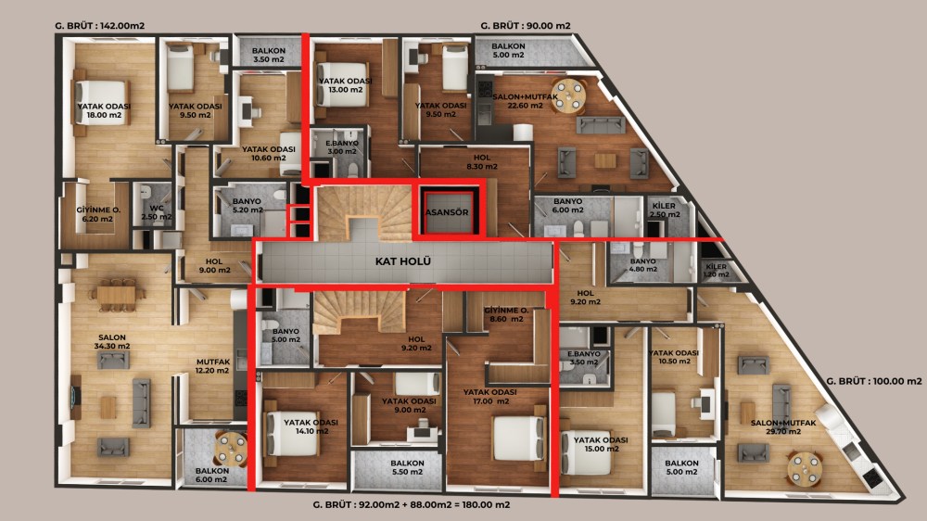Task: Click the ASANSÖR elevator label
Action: [x=447, y=212]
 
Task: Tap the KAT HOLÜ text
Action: [x=403, y=261]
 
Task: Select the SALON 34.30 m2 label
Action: [x=112, y=342]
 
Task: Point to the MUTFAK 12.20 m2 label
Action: [x=213, y=366]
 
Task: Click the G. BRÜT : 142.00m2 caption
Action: [x=99, y=26]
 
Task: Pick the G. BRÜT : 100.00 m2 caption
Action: [x=874, y=381]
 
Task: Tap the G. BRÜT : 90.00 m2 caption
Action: [x=526, y=26]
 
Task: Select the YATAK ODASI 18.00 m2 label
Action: [x=104, y=110]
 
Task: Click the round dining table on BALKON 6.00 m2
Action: [x=230, y=450]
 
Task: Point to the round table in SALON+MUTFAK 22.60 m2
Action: [x=568, y=95]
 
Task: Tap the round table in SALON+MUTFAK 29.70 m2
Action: [x=805, y=468]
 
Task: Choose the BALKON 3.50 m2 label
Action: [x=269, y=55]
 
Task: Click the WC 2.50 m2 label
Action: [x=157, y=212]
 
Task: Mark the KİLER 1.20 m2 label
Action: [x=716, y=271]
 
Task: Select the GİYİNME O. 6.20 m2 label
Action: [x=97, y=214]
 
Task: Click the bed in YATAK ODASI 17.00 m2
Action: [x=518, y=438]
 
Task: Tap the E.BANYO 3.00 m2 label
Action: [x=342, y=147]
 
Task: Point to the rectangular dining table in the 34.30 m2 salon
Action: [x=117, y=294]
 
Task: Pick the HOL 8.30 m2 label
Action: [x=482, y=162]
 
